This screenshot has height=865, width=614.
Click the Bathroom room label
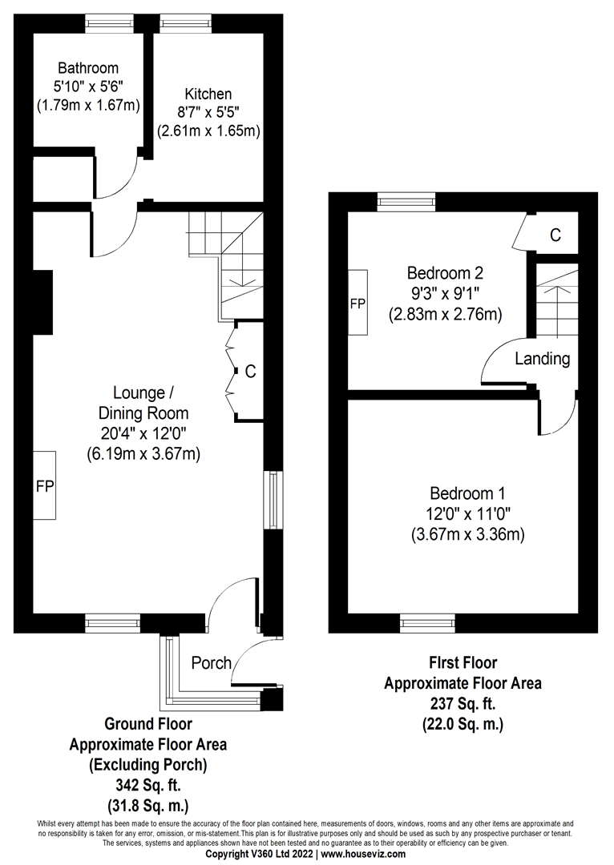tap(88, 68)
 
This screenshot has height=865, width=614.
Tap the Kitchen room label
tap(208, 95)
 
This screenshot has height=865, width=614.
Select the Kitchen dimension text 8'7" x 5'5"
tap(208, 113)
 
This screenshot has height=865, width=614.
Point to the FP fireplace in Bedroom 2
tap(357, 304)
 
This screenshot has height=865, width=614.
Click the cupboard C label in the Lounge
tap(250, 371)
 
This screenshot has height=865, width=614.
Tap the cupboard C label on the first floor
tap(555, 235)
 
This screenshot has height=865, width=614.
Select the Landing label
tap(542, 359)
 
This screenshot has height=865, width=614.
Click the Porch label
tap(212, 663)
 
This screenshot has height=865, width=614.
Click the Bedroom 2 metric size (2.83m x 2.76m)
tap(445, 315)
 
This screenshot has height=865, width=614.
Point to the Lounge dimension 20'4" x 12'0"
tap(143, 433)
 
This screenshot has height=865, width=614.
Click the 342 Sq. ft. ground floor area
tap(147, 785)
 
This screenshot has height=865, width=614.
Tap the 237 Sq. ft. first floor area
tap(463, 704)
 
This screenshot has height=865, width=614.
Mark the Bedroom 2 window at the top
tap(406, 201)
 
